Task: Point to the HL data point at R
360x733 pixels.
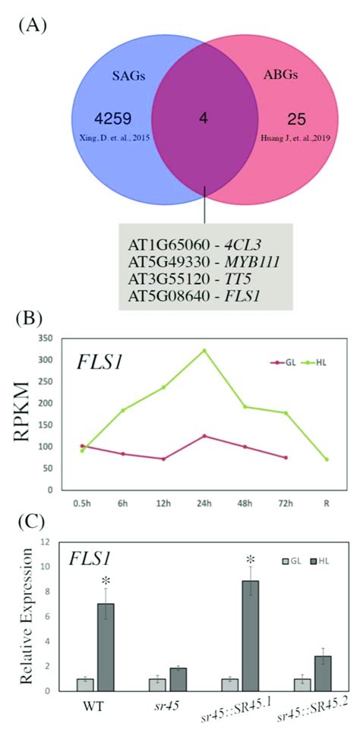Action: (x=327, y=460)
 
